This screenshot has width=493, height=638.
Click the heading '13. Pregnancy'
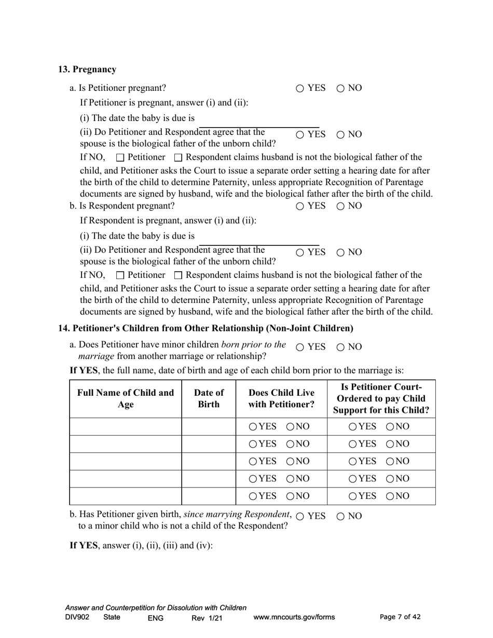coord(87,70)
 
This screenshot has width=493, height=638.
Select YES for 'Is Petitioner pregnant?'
coord(300,89)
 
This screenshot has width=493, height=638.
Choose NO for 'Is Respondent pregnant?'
coord(340,206)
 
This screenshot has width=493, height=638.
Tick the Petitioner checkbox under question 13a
coord(120,158)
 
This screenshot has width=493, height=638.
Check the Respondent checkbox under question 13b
coord(178,275)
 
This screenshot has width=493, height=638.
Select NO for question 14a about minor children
coord(340,348)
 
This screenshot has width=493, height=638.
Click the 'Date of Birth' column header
coord(209,399)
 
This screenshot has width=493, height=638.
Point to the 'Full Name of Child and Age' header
coord(126,399)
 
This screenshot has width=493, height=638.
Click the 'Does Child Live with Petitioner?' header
coord(281,399)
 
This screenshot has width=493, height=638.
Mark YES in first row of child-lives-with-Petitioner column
coord(253,427)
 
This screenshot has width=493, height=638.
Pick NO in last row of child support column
coord(390,496)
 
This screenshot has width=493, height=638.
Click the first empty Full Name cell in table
coord(126,427)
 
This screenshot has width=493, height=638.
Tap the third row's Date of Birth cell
coord(209,462)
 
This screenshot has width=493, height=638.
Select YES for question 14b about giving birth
coord(300,517)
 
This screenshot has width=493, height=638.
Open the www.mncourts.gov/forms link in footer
coord(294,617)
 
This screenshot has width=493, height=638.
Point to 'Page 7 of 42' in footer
coord(400,617)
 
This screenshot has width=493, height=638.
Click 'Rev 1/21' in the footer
coord(207,618)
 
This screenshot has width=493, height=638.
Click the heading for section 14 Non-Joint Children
coord(206,328)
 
